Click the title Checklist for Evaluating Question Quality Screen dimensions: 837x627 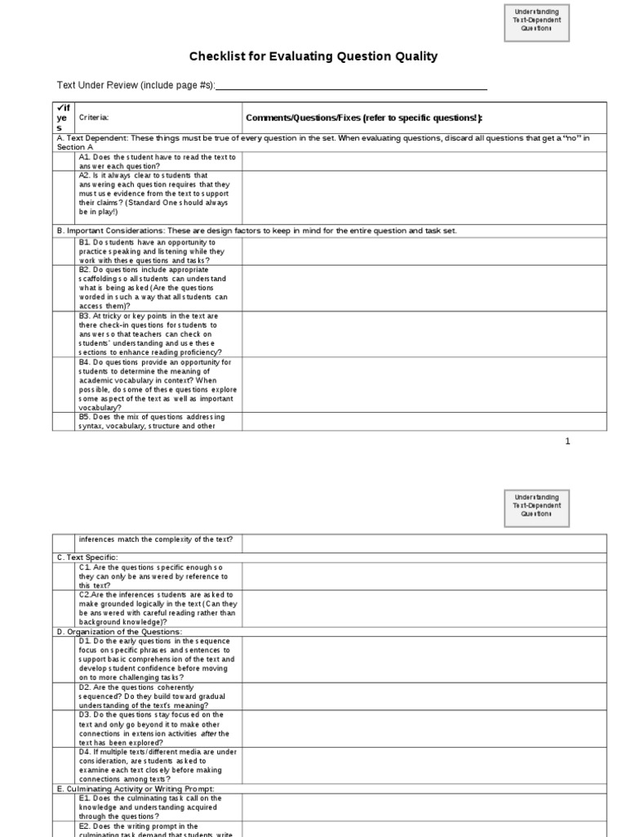pos(313,56)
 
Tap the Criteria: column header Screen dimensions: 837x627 pos(94,118)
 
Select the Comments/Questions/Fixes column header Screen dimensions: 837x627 pos(364,118)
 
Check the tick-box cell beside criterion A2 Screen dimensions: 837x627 pos(64,197)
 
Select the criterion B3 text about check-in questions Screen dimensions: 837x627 pos(158,333)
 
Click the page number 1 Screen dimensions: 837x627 pos(567,441)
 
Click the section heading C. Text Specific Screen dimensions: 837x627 pos(88,557)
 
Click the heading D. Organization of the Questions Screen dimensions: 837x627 pos(119,632)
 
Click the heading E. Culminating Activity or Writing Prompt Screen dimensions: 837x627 pos(136,789)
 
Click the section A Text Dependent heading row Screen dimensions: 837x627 pos(327,141)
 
